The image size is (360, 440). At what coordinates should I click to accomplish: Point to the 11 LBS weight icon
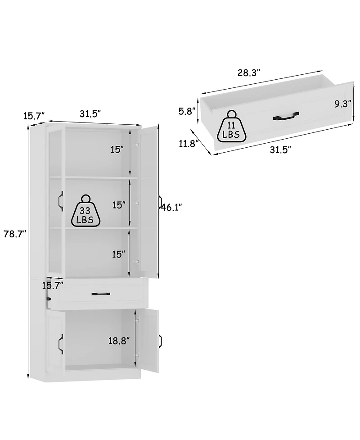[232, 125]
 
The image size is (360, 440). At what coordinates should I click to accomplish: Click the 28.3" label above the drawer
[249, 73]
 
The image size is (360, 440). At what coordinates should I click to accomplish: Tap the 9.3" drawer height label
[343, 104]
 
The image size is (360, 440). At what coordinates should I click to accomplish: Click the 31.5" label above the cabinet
[90, 113]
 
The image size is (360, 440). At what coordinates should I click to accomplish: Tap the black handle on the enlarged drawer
[286, 117]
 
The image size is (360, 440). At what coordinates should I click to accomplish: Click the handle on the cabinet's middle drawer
[101, 294]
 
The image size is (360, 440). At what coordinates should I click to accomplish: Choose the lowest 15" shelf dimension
[118, 254]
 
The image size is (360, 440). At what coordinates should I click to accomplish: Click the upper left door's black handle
[59, 201]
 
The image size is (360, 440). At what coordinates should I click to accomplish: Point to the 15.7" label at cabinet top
[34, 116]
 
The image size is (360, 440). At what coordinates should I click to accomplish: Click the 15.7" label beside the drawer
[52, 285]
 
